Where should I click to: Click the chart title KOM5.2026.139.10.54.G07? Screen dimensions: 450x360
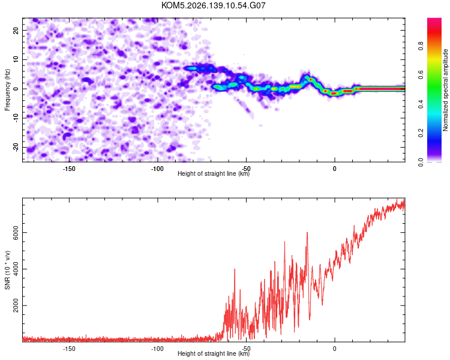tap(213, 5)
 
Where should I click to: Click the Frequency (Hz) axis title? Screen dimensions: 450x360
tap(7, 90)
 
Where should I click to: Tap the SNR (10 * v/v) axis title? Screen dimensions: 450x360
tap(7, 270)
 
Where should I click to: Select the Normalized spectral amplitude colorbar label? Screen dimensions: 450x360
tap(445, 90)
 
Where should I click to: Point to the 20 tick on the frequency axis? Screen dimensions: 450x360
tap(16, 30)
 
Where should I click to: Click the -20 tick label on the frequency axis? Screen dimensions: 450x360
tap(16, 147)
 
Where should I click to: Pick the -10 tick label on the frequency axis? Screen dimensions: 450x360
tap(16, 118)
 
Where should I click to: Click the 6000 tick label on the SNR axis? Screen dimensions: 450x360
tap(16, 233)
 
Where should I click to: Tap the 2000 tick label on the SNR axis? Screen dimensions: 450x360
tap(16, 305)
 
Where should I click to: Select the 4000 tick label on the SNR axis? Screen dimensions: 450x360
tap(16, 269)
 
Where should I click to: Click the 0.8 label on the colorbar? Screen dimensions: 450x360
tap(421, 46)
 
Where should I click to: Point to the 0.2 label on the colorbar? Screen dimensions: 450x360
tap(421, 133)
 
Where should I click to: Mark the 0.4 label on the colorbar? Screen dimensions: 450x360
tap(421, 104)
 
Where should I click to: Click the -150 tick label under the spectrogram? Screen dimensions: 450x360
tap(69, 169)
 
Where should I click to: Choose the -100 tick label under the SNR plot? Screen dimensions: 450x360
tap(157, 349)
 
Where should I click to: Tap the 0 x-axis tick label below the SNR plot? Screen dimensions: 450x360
tap(335, 349)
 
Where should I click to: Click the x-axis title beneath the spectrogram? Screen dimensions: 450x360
tap(214, 173)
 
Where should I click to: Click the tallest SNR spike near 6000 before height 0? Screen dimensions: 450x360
tap(307, 233)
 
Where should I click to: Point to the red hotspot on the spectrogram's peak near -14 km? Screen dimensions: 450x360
tap(311, 80)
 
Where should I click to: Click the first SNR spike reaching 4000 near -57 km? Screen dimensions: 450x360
tap(235, 269)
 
